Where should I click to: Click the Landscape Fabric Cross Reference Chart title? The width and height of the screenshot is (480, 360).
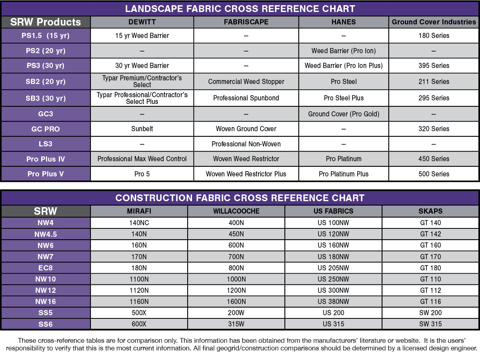tap(240, 9)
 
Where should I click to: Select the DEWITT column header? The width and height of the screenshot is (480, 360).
tap(142, 22)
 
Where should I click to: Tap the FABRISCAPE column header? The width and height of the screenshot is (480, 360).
tap(246, 22)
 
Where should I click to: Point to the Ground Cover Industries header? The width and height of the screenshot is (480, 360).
tap(434, 22)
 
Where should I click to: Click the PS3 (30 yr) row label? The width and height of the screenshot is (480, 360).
tap(46, 66)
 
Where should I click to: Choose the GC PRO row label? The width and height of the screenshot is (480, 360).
tap(46, 129)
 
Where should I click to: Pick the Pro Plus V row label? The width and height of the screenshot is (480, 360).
tap(46, 174)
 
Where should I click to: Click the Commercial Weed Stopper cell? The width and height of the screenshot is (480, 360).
tap(246, 82)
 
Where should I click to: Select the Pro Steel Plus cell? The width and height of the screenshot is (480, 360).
tap(344, 98)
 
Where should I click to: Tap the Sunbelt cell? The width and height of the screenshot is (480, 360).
tap(142, 129)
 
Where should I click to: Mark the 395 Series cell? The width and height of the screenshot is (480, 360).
tap(434, 66)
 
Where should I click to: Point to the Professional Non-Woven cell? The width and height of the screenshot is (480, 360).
tap(246, 144)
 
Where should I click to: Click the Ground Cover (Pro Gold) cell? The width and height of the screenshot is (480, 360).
tap(344, 114)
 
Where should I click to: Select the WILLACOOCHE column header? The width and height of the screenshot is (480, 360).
tap(236, 211)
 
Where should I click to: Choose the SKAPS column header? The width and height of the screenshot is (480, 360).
tap(430, 211)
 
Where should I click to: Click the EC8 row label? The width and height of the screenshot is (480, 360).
tap(46, 268)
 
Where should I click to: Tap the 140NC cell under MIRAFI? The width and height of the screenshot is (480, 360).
tap(139, 223)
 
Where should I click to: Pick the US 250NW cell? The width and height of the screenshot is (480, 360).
tap(333, 279)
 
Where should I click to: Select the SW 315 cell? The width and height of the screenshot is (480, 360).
tap(430, 324)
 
